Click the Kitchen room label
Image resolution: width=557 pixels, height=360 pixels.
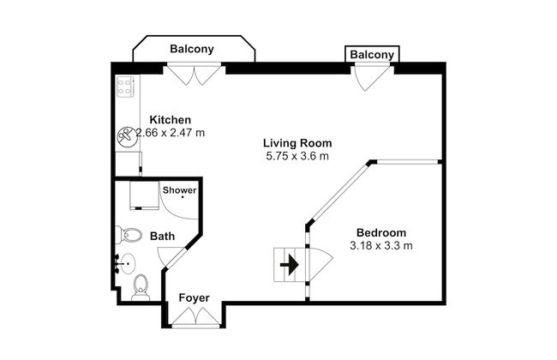tap(171, 120)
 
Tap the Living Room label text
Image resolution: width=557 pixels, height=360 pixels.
tap(297, 143)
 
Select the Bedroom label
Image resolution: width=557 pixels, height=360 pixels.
tap(381, 233)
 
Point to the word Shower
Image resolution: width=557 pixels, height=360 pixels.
tap(179, 190)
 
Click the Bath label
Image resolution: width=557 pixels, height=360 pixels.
tap(162, 237)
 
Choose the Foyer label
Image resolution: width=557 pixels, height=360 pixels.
tap(194, 297)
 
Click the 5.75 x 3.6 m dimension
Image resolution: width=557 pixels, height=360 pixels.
tap(297, 156)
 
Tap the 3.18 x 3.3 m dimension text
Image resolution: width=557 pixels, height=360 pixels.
tap(381, 245)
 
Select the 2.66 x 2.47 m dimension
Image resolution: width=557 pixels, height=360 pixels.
tap(171, 133)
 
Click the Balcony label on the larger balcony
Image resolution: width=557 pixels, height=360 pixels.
tap(192, 49)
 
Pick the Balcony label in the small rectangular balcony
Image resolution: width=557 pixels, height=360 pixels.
tap(372, 55)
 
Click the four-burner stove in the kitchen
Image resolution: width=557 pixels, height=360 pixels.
tap(125, 87)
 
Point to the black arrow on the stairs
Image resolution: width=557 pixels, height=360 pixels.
tap(290, 264)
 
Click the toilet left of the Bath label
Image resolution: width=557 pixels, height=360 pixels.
tap(129, 235)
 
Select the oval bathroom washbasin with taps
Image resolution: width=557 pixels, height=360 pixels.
tap(127, 264)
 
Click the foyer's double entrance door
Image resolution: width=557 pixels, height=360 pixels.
tap(195, 316)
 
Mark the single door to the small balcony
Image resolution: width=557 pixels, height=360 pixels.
tap(370, 76)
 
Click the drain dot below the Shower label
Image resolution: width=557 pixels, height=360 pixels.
tap(183, 197)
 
